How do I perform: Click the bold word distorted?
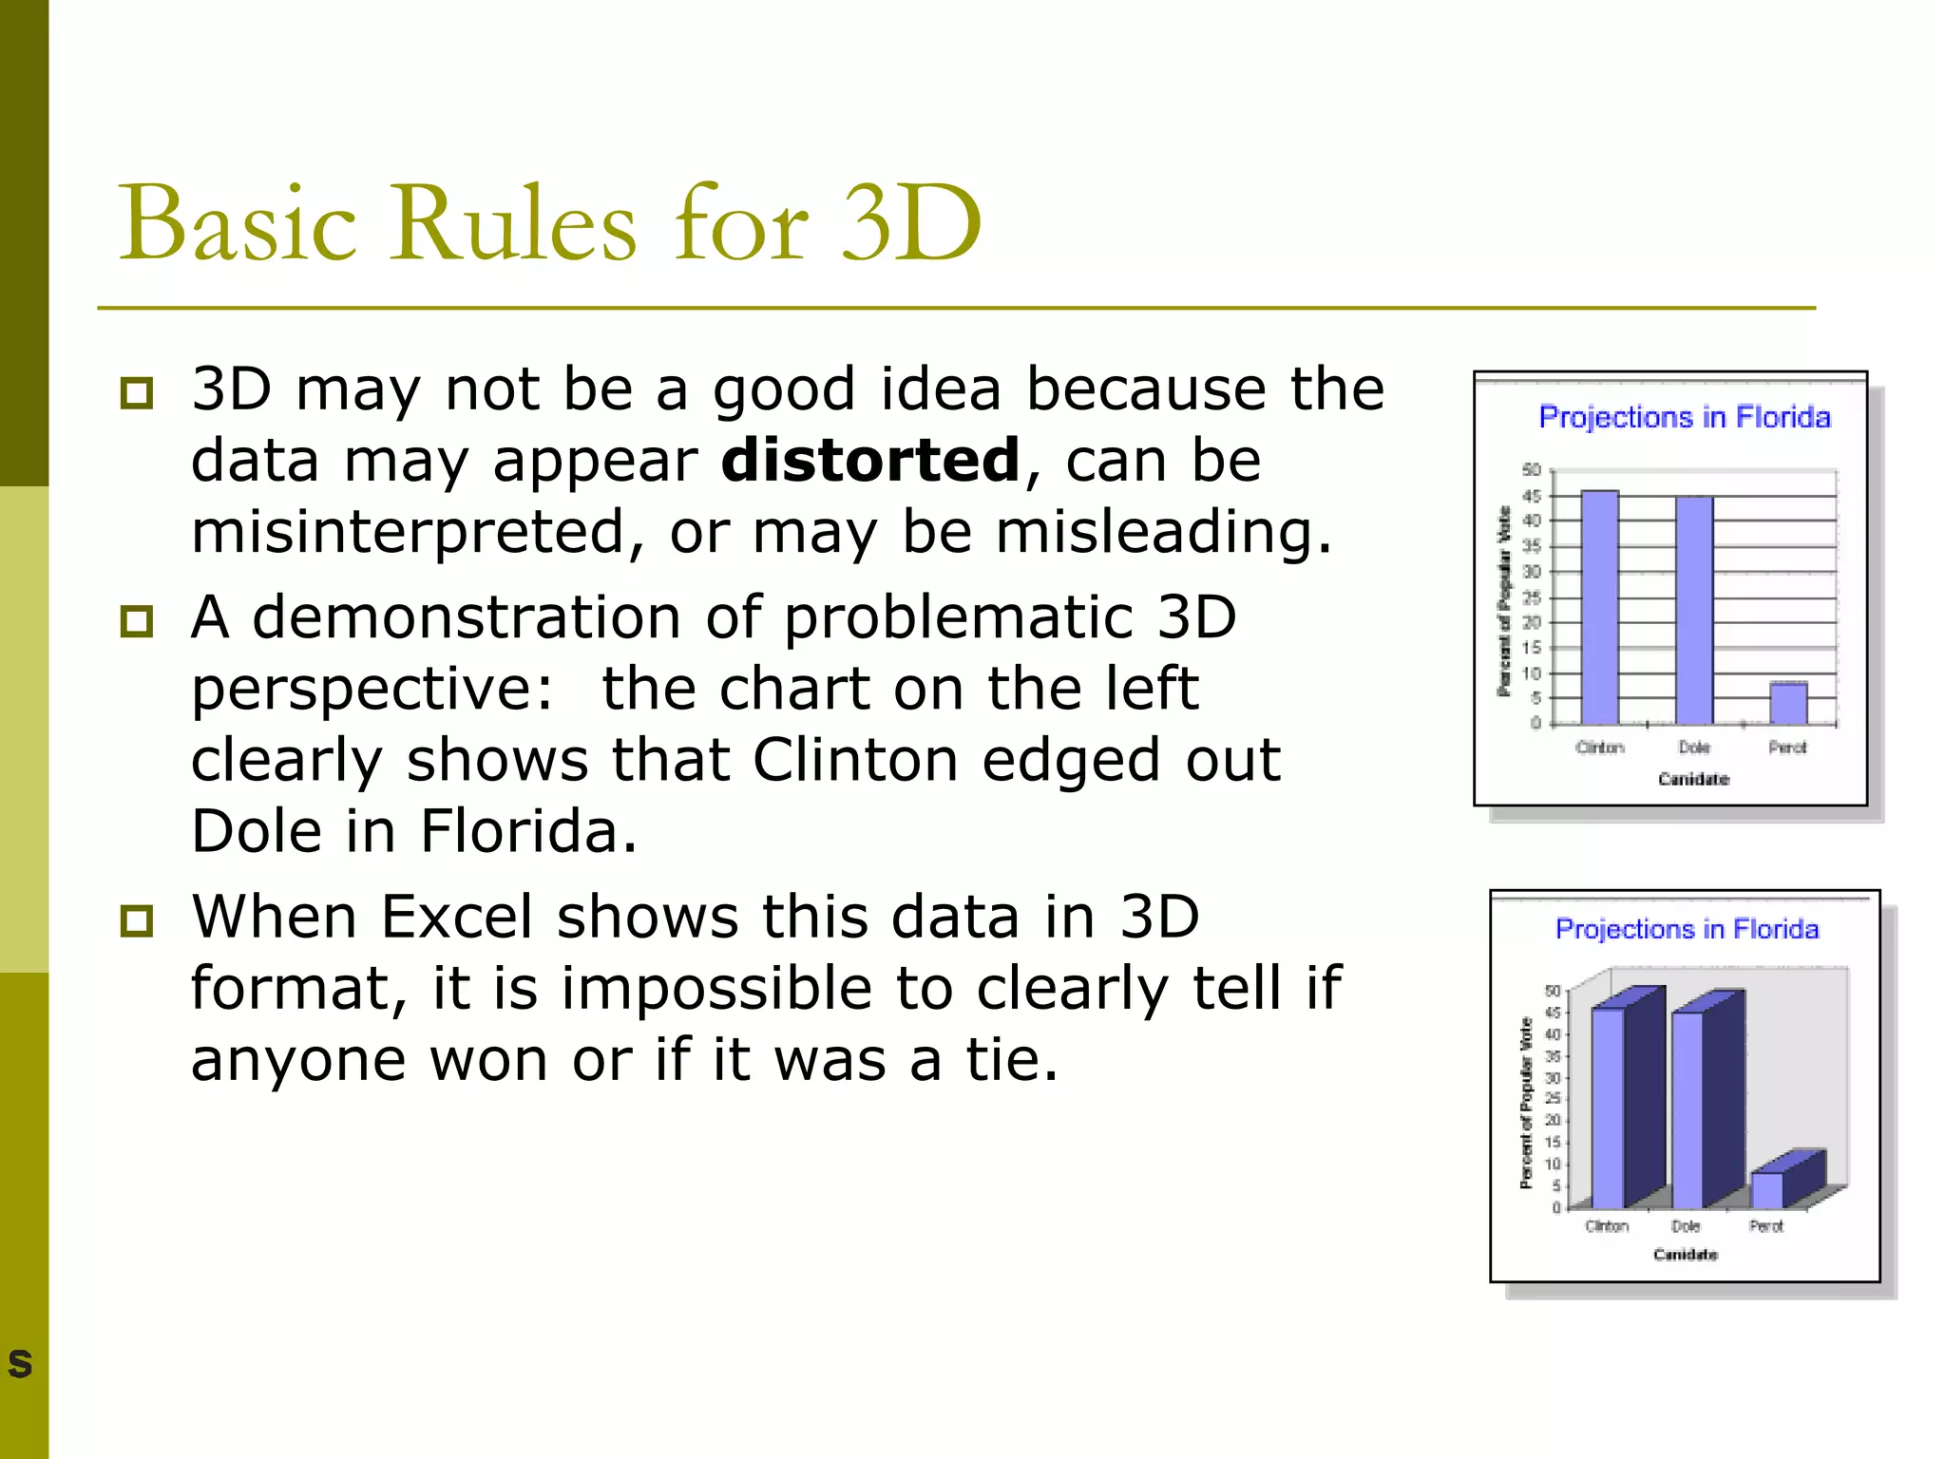[869, 460]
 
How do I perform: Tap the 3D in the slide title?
[911, 223]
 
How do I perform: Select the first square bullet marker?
[137, 392]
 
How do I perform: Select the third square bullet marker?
[137, 919]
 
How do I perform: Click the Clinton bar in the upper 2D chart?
[1599, 608]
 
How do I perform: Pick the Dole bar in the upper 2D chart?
[1693, 610]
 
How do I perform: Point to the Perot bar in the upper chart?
[1787, 703]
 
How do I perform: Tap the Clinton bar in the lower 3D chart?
[1608, 1107]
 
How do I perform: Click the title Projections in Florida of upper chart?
[1684, 417]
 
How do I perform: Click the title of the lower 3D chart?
[1687, 928]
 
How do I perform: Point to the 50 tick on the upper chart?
[1531, 470]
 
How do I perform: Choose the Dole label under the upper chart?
[1693, 748]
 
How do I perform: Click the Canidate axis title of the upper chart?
[1693, 779]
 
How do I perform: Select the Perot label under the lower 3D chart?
[1765, 1226]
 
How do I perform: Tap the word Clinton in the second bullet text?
[855, 760]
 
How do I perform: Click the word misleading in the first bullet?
[1164, 531]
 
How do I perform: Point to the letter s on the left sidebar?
[20, 1364]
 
